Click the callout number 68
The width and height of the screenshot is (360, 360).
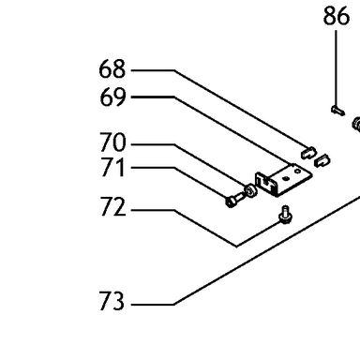click(112, 69)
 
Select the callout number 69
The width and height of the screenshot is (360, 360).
click(112, 97)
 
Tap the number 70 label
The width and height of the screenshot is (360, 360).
click(112, 142)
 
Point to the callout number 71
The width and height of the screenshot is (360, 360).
click(112, 168)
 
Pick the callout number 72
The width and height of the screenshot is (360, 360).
click(112, 206)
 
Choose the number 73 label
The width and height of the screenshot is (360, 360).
click(112, 301)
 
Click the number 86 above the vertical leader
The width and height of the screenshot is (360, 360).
click(337, 16)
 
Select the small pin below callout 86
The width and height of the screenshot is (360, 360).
click(337, 111)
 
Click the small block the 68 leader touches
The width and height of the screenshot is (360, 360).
click(308, 153)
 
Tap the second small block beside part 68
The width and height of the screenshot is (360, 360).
click(322, 160)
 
